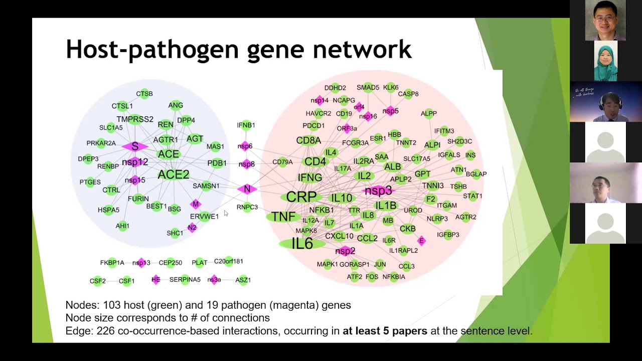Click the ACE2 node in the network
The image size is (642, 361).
pyautogui.click(x=174, y=174)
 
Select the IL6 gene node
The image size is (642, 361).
pyautogui.click(x=302, y=244)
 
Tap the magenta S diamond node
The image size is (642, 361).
pyautogui.click(x=134, y=146)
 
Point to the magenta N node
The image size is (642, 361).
pyautogui.click(x=247, y=189)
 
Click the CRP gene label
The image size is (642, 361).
pyautogui.click(x=301, y=197)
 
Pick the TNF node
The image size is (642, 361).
pyautogui.click(x=283, y=217)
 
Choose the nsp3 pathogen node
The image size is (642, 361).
pyautogui.click(x=378, y=191)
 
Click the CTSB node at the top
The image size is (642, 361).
pyautogui.click(x=144, y=94)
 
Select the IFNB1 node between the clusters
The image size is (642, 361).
pyautogui.click(x=246, y=125)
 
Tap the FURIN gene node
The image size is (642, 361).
pyautogui.click(x=138, y=199)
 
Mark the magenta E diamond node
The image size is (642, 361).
pyautogui.click(x=421, y=241)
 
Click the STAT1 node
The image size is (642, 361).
pyautogui.click(x=472, y=196)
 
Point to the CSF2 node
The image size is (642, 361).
pyautogui.click(x=98, y=281)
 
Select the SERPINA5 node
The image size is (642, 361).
pyautogui.click(x=185, y=280)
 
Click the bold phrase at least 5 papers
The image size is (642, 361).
pyautogui.click(x=385, y=331)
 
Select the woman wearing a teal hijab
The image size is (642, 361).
pyautogui.click(x=605, y=61)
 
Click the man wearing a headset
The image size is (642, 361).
pyautogui.click(x=605, y=102)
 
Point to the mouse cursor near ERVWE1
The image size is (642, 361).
pyautogui.click(x=226, y=213)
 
